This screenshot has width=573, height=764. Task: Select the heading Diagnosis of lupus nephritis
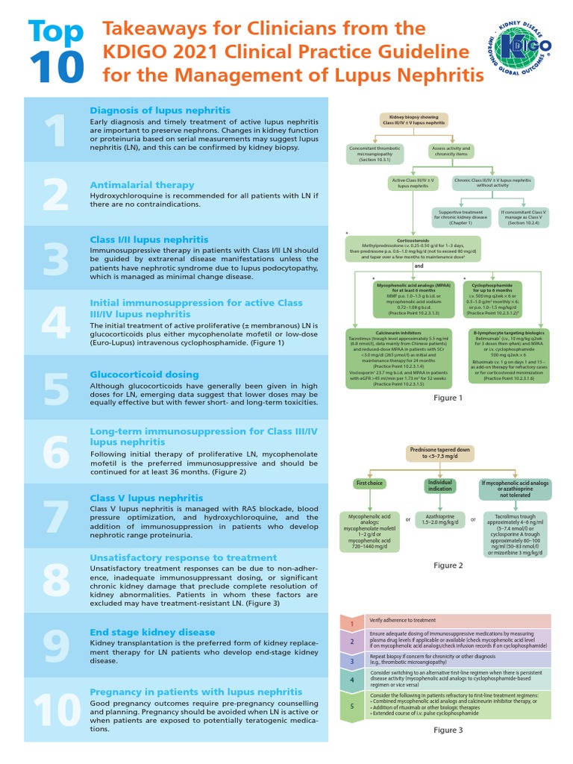(x=160, y=110)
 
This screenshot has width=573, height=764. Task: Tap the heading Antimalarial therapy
(x=142, y=184)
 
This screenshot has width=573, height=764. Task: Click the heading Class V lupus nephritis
(x=146, y=498)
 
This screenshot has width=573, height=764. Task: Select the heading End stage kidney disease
(x=152, y=632)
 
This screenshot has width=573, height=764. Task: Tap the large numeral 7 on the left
(x=56, y=515)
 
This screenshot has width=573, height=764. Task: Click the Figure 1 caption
(x=448, y=398)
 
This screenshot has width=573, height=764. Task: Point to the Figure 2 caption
(x=448, y=566)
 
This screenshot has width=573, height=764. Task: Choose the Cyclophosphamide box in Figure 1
(x=492, y=298)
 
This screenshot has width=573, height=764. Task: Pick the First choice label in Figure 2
(x=369, y=484)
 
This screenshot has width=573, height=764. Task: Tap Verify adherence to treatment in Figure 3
(x=403, y=620)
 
